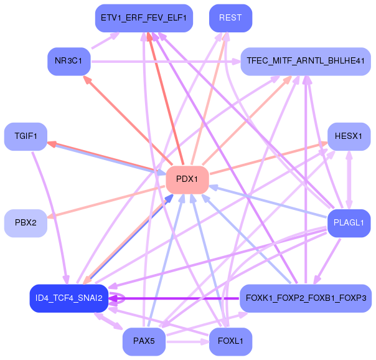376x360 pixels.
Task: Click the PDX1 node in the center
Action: [x=187, y=179]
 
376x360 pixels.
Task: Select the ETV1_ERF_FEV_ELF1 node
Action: [x=143, y=18]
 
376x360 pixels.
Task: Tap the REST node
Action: [x=230, y=18]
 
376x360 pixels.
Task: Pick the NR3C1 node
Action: [x=69, y=61]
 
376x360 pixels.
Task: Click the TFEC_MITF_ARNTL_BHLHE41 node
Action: [x=306, y=61]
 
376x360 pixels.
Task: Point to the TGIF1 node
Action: [x=26, y=136]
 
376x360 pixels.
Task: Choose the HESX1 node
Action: [x=349, y=136]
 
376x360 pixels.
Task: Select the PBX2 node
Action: [x=26, y=223]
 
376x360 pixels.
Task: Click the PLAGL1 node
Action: [x=349, y=223]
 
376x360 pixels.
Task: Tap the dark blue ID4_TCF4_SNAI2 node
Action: [x=69, y=298]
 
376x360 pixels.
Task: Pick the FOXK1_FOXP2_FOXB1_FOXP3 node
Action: [x=306, y=298]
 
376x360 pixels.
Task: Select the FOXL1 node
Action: [x=230, y=341]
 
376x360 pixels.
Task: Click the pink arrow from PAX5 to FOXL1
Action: [x=187, y=341]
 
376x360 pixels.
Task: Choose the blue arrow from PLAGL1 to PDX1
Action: [x=268, y=201]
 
